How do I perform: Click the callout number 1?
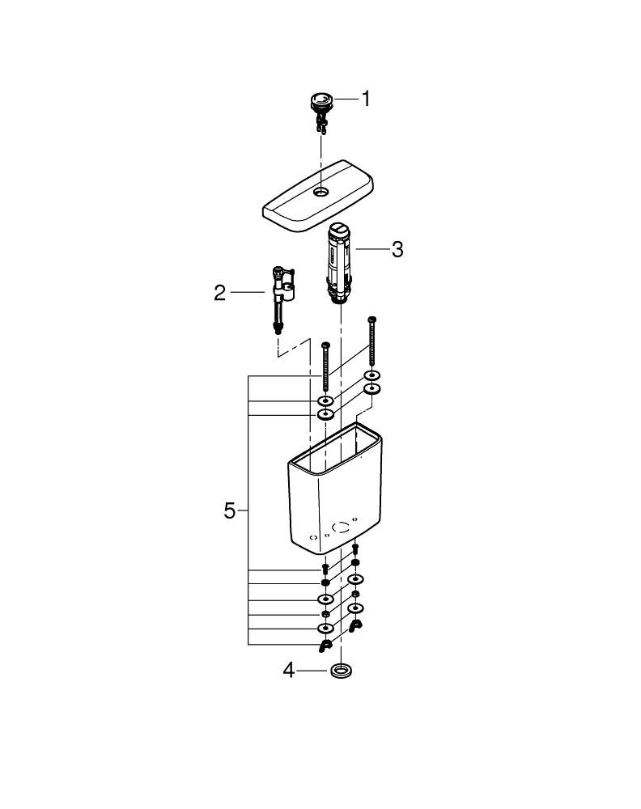pos(365,100)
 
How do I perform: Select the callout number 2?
pos(220,292)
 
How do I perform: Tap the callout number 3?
pos(397,249)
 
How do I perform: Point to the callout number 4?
pos(288,671)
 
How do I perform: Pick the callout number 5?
pos(230,510)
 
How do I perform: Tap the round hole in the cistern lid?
pos(322,192)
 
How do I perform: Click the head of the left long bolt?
pos(325,345)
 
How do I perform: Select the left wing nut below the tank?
pos(325,645)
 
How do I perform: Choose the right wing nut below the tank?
pos(355,625)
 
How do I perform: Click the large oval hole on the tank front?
pos(343,526)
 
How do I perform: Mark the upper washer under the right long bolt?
pos(372,375)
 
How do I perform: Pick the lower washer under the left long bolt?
pos(325,414)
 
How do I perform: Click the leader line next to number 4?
pos(312,671)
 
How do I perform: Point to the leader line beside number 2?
pos(247,291)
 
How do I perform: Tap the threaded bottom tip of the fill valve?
pos(279,328)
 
